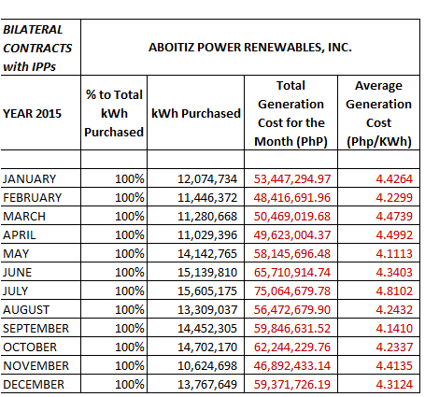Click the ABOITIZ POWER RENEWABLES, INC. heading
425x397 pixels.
click(250, 48)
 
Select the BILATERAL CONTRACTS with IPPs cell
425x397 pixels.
click(37, 48)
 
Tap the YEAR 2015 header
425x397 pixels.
click(32, 113)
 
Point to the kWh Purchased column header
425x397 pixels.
click(196, 113)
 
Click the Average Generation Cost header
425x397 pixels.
click(379, 113)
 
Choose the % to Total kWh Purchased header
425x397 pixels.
click(114, 113)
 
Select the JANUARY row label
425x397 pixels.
click(30, 179)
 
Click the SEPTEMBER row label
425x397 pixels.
click(35, 329)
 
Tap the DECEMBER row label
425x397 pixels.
click(34, 385)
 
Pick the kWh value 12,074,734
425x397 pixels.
click(207, 179)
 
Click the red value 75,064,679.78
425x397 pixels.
click(292, 291)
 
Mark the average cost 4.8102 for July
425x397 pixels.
click(394, 291)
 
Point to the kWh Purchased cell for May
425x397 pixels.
click(207, 254)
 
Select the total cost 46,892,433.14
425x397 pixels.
click(292, 366)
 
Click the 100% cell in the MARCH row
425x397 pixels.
click(130, 217)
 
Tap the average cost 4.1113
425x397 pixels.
click(394, 254)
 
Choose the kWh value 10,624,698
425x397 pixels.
click(207, 366)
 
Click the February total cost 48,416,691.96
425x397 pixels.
click(292, 198)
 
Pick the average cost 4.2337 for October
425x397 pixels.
click(394, 347)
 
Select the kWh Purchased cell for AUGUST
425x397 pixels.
click(207, 310)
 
